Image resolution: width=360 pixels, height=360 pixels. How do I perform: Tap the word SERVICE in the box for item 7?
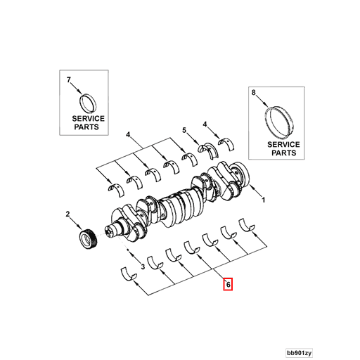[88, 119]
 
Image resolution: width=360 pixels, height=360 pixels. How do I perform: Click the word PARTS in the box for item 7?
[88, 128]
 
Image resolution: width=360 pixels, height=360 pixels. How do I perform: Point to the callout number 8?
[254, 92]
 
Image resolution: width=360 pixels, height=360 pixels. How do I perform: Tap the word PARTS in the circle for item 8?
[284, 153]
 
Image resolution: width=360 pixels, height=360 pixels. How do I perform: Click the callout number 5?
[184, 130]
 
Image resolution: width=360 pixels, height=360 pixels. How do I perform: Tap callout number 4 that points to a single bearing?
[205, 124]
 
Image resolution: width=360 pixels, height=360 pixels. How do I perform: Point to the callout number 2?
[68, 214]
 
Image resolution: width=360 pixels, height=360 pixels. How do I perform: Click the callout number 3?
[142, 266]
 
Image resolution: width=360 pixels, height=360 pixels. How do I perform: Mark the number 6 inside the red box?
[227, 285]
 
